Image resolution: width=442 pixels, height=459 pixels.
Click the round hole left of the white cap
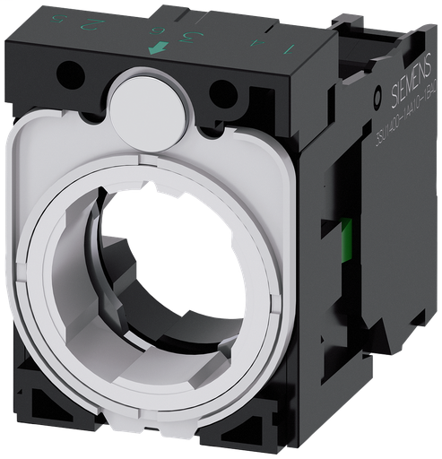click(x=71, y=77)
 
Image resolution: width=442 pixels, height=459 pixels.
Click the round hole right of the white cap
click(x=220, y=93)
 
